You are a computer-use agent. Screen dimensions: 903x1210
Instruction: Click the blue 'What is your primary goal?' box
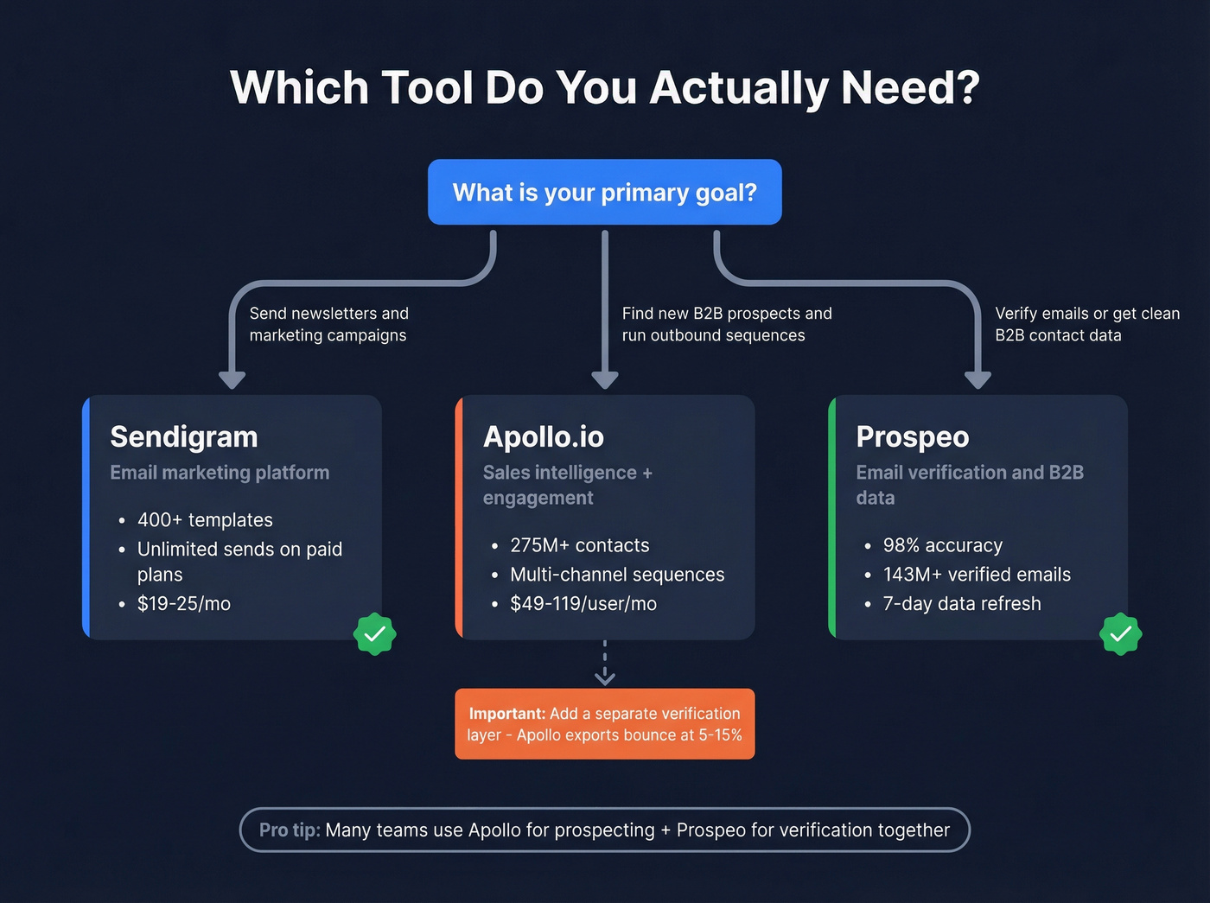pyautogui.click(x=604, y=192)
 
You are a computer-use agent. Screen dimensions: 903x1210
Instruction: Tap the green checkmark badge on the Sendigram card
pyautogui.click(x=375, y=634)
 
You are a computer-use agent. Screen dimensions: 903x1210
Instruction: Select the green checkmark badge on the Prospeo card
pyautogui.click(x=1121, y=634)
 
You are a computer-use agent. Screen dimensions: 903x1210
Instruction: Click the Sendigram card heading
pyautogui.click(x=184, y=437)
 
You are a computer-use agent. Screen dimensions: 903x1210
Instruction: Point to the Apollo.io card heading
pyautogui.click(x=543, y=437)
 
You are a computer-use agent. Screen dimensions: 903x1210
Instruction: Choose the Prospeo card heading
pyautogui.click(x=912, y=437)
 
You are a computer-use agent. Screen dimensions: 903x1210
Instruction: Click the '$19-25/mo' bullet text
pyautogui.click(x=183, y=604)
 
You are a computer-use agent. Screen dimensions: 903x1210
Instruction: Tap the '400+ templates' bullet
pyautogui.click(x=205, y=520)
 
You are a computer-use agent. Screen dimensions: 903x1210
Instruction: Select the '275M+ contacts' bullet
pyautogui.click(x=579, y=545)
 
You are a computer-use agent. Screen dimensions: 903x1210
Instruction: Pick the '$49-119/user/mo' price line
pyautogui.click(x=583, y=604)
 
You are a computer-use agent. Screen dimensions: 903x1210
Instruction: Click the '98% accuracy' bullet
pyautogui.click(x=942, y=545)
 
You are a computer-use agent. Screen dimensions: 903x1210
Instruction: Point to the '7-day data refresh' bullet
pyautogui.click(x=962, y=604)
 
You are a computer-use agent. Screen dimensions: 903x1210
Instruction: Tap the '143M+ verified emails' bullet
pyautogui.click(x=977, y=575)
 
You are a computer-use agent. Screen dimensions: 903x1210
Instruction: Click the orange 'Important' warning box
pyautogui.click(x=604, y=724)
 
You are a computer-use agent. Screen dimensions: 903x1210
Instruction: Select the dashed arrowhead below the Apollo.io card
pyautogui.click(x=605, y=678)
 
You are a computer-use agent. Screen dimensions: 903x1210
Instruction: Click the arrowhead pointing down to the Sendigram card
pyautogui.click(x=232, y=379)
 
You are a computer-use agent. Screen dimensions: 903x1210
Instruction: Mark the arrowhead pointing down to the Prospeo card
pyautogui.click(x=978, y=379)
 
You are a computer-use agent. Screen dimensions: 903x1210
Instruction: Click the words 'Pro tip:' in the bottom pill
pyautogui.click(x=290, y=830)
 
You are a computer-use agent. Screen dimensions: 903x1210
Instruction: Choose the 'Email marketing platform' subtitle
pyautogui.click(x=220, y=473)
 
